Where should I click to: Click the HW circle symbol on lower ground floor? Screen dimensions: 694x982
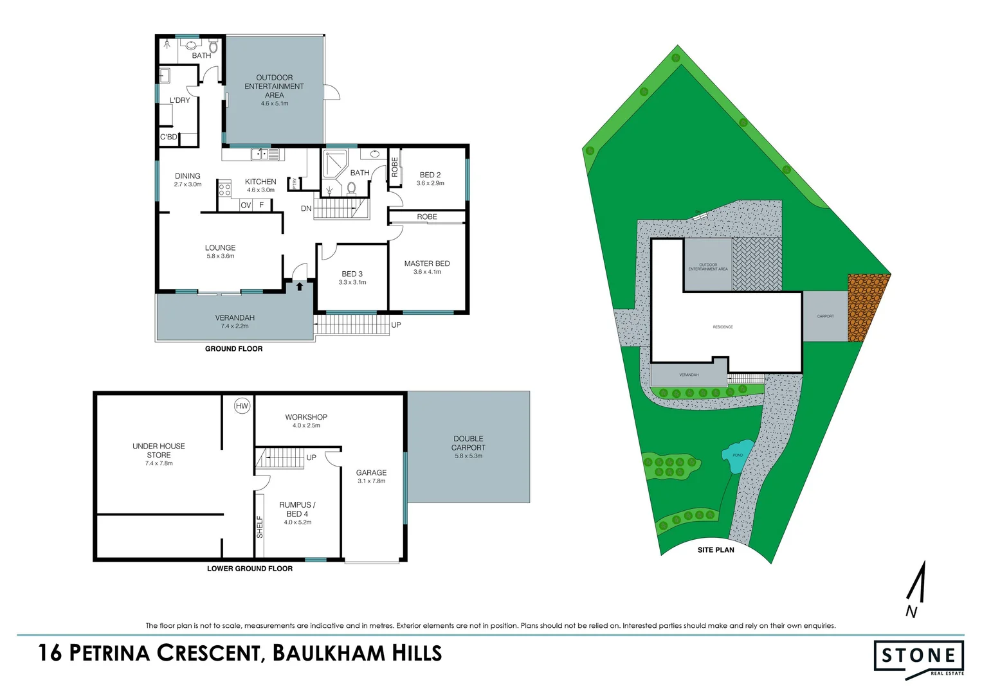tap(242, 406)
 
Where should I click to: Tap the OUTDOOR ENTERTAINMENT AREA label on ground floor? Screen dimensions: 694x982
tap(275, 86)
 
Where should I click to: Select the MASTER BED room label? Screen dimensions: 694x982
tap(427, 263)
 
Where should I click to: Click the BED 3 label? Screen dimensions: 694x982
tap(352, 274)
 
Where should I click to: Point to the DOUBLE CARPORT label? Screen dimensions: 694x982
tap(468, 443)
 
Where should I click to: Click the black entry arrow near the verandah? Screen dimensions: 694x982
tap(300, 286)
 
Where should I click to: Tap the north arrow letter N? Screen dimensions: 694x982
tap(911, 612)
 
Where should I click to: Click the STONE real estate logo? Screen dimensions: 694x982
tap(919, 657)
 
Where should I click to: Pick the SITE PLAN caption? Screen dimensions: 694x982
tap(716, 550)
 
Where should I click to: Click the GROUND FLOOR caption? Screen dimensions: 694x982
tap(233, 349)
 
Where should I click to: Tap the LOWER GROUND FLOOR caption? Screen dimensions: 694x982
tap(250, 569)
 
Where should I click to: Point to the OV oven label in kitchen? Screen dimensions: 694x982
tap(246, 205)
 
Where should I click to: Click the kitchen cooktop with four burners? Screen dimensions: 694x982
tap(224, 190)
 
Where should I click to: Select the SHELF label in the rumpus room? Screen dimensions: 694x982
tap(260, 527)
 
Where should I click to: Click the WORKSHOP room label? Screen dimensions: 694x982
tap(306, 417)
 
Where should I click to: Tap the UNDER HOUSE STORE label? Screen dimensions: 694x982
tap(159, 450)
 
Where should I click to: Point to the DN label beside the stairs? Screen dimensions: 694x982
tap(306, 209)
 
